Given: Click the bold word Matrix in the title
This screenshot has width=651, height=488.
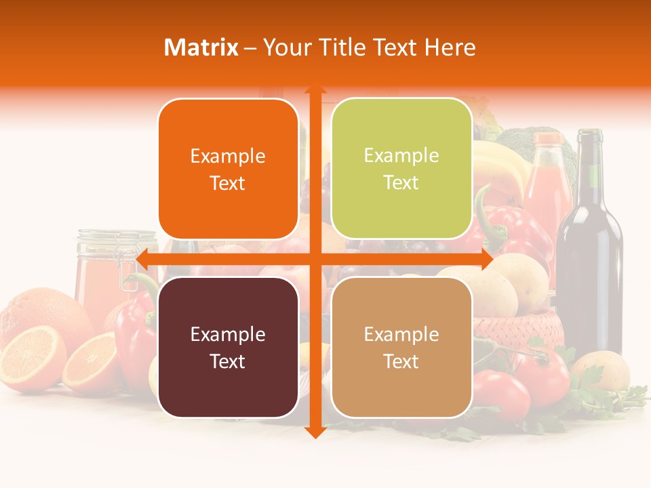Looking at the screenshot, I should (x=201, y=47).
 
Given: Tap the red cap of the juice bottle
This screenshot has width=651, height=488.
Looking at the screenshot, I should (x=548, y=139).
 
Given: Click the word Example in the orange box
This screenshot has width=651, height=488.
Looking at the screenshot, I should (x=228, y=156).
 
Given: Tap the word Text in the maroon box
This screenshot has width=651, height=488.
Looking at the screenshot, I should (x=228, y=361).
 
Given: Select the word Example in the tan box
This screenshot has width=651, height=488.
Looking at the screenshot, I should (x=401, y=334).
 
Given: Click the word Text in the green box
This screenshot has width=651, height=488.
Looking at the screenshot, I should (x=401, y=183).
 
